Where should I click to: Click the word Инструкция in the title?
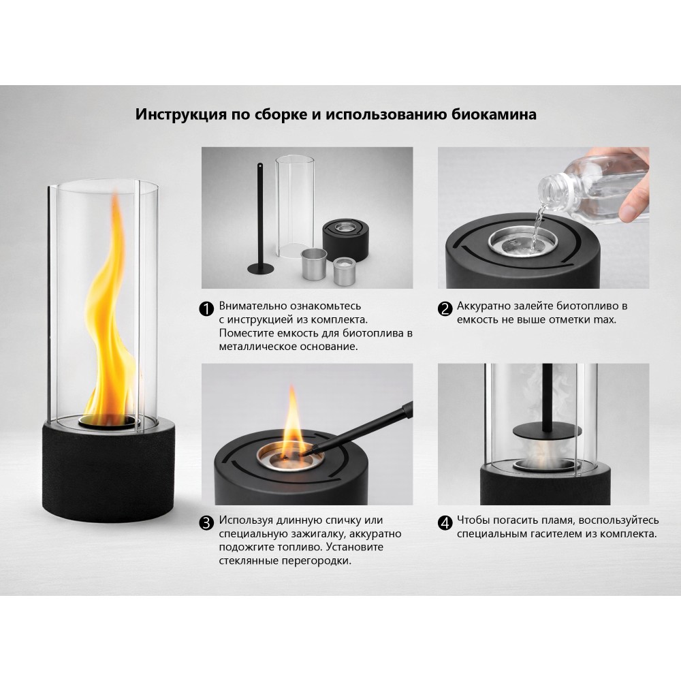point(181,114)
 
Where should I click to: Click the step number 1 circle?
point(206,308)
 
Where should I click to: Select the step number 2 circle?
point(445,308)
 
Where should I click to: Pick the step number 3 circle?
point(206,522)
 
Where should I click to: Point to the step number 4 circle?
point(445,522)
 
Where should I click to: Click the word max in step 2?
point(605,319)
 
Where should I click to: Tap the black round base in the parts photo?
point(346,239)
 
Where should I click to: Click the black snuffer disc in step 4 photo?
point(547,431)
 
